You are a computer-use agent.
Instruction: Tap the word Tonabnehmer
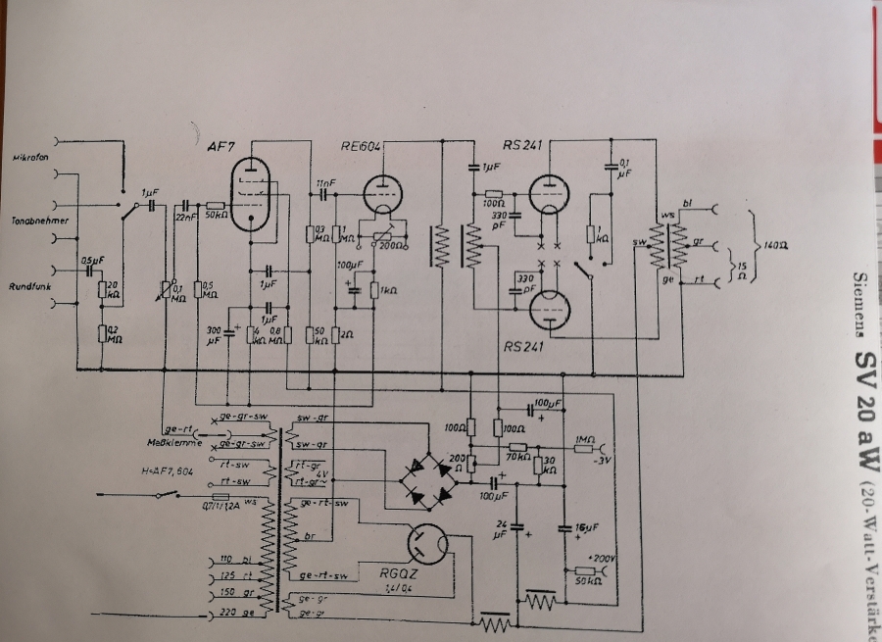tap(40, 222)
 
